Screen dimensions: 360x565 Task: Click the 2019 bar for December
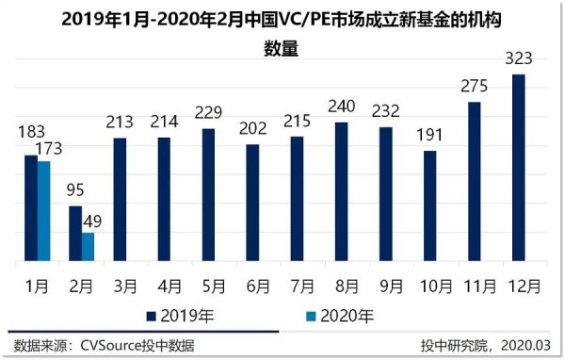(x=518, y=168)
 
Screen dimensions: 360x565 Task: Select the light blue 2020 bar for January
(x=43, y=211)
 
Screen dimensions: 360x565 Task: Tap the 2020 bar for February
(x=88, y=247)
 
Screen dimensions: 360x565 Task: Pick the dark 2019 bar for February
(x=75, y=234)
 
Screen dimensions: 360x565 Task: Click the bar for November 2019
(x=475, y=181)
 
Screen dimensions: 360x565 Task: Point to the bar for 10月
(x=430, y=205)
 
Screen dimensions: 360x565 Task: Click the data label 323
(x=518, y=59)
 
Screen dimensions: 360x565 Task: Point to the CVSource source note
(x=104, y=346)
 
